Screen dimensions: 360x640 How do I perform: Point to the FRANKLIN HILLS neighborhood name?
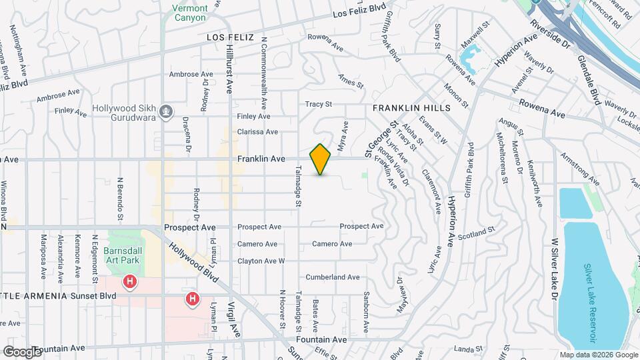411,107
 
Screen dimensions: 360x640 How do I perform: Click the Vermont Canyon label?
190,13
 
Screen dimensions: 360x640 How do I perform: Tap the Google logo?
22,351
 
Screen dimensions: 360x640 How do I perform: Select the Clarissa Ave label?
257,132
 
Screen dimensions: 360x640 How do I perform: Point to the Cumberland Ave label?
333,277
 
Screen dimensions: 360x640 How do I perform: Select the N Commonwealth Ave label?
264,73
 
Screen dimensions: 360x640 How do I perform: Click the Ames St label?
351,84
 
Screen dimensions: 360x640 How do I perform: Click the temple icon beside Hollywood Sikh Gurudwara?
167,111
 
